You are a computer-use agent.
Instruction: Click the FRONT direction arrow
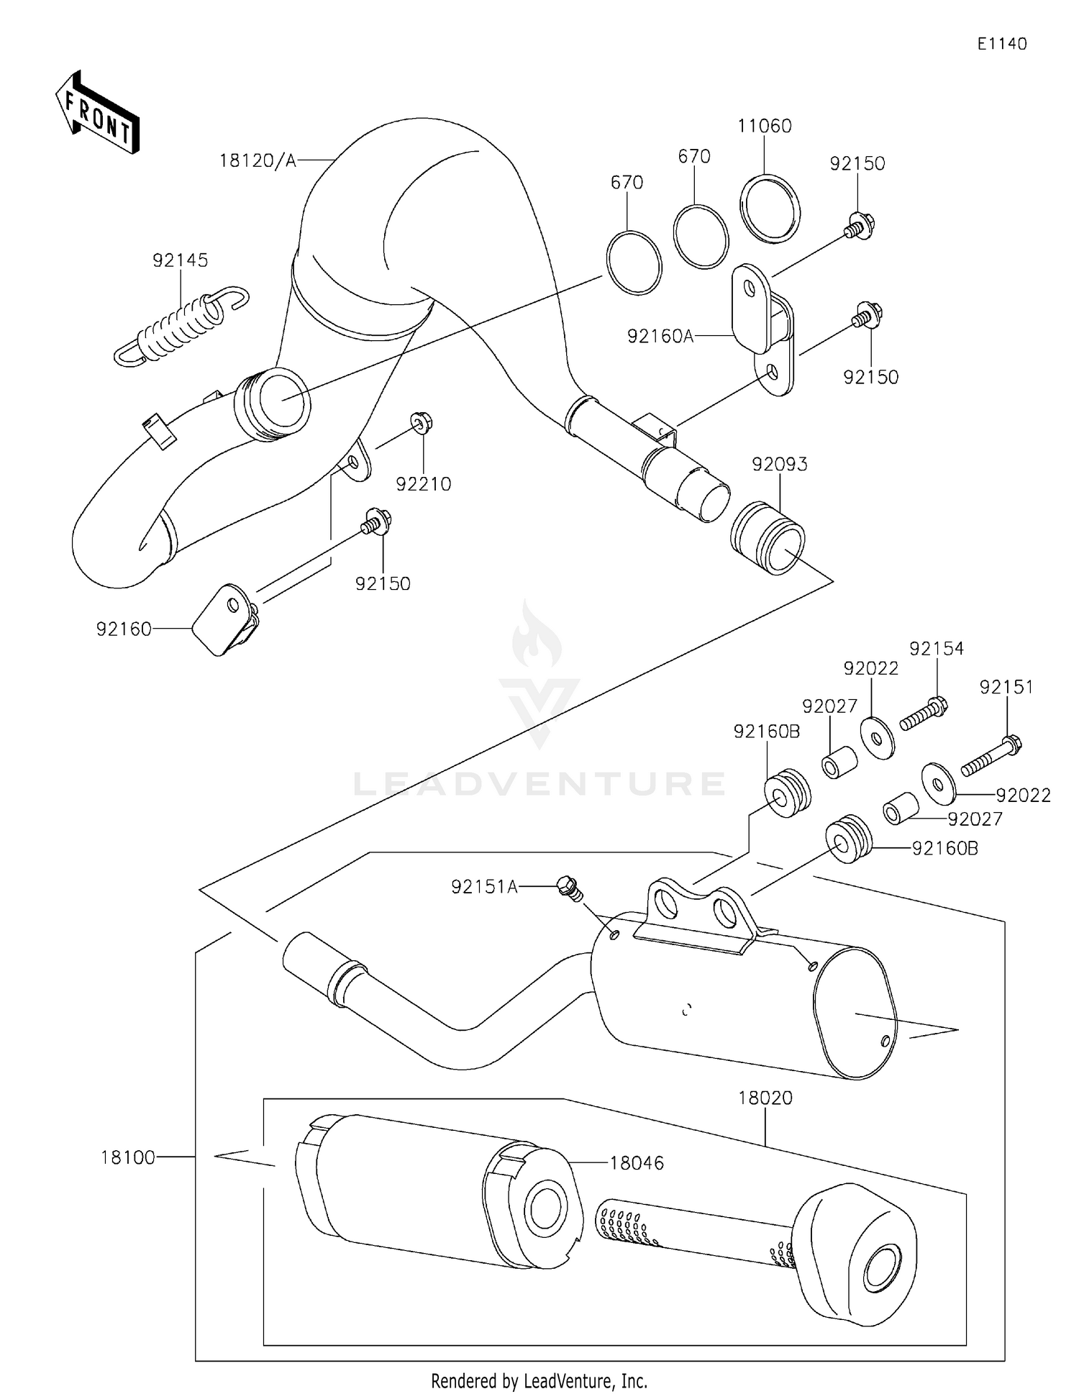(x=97, y=113)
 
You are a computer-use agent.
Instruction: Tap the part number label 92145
(x=180, y=260)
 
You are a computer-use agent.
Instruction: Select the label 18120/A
(x=258, y=161)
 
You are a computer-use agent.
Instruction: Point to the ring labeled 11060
(x=770, y=209)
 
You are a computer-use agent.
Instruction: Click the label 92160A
(x=660, y=336)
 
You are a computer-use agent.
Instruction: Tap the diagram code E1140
(x=1001, y=44)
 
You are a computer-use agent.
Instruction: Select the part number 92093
(x=780, y=465)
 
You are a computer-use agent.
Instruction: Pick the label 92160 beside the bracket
(x=124, y=629)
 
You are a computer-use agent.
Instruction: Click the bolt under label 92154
(x=923, y=714)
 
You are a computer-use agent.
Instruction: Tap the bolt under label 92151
(x=991, y=755)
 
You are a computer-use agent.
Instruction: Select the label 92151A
(x=484, y=887)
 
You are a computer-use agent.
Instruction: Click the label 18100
(x=127, y=1157)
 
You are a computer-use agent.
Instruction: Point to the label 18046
(x=637, y=1163)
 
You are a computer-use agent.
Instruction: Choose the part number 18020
(x=765, y=1098)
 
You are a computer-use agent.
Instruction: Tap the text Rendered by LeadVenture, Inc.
(x=539, y=1380)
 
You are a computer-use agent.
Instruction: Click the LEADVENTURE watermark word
(x=539, y=783)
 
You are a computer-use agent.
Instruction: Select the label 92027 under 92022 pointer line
(x=975, y=819)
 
